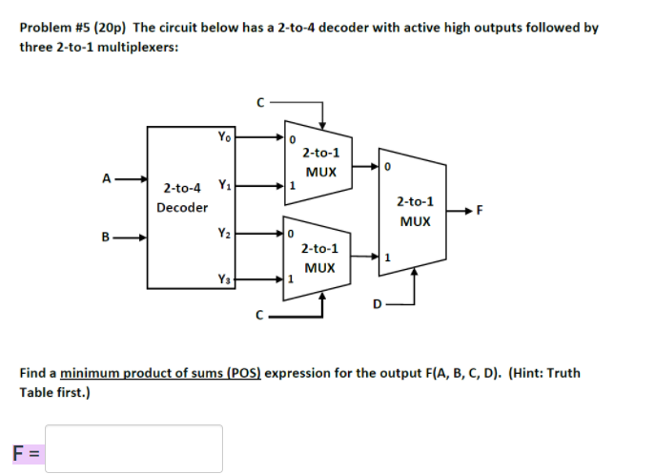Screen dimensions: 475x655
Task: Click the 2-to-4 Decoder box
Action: coord(192,205)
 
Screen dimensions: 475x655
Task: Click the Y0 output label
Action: coord(223,137)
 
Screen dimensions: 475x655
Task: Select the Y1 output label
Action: coord(223,184)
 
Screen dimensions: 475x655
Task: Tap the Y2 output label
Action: coord(223,232)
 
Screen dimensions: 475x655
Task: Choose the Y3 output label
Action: coord(223,279)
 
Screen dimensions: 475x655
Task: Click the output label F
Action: coord(480,211)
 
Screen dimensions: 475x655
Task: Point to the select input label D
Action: coord(378,304)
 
